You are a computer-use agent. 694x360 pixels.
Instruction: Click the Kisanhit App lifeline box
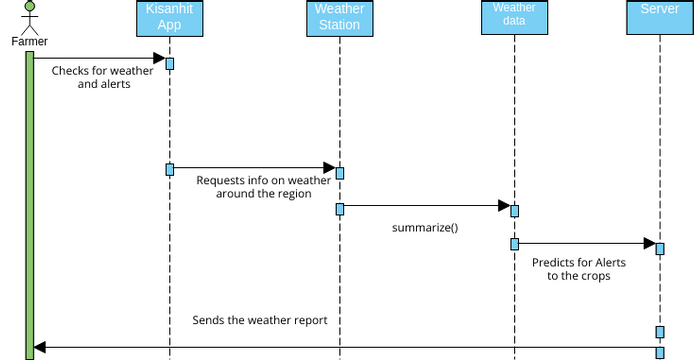coord(170,18)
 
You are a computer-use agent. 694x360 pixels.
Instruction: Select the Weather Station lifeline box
coord(339,18)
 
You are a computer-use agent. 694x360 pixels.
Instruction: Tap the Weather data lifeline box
coord(514,15)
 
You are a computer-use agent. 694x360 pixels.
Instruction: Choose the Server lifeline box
coord(659,14)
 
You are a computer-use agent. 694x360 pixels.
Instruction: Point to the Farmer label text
coord(29,42)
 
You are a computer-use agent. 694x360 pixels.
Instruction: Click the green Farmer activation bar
coord(30,200)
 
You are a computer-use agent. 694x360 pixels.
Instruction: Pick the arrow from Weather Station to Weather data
coord(425,205)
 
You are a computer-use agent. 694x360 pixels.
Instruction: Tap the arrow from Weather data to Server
coord(585,242)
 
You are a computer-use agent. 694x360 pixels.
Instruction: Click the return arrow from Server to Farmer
coord(345,347)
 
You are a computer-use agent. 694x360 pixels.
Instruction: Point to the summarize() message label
coord(425,227)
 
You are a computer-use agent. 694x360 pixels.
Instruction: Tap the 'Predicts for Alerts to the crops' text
coord(579,269)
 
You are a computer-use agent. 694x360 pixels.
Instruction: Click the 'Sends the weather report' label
coord(260,321)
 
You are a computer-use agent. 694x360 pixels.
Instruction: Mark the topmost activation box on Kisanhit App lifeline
coord(170,64)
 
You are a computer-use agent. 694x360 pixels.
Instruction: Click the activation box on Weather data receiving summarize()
coord(514,210)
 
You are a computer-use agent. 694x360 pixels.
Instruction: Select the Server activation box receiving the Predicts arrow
coord(660,247)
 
